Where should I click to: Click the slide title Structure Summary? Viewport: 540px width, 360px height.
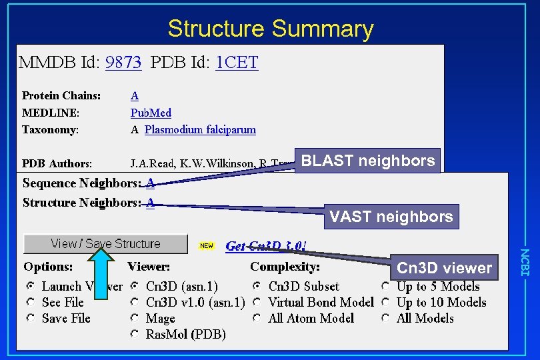click(270, 29)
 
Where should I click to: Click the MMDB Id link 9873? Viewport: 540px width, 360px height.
click(123, 63)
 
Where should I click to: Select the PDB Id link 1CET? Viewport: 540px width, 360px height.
click(237, 63)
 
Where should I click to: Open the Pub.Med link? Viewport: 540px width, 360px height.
click(151, 113)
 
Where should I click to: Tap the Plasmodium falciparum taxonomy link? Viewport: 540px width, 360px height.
click(200, 130)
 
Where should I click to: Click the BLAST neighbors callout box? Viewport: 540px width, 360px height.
click(368, 161)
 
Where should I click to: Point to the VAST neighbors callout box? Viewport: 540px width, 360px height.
click(391, 216)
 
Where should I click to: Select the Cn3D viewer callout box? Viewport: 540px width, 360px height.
click(444, 268)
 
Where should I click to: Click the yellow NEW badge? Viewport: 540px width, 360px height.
click(207, 245)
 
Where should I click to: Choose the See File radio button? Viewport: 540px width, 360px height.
click(31, 303)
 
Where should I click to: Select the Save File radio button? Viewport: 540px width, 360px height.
click(31, 319)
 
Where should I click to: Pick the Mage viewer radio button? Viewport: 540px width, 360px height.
click(135, 319)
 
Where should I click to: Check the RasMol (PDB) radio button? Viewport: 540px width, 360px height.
click(135, 334)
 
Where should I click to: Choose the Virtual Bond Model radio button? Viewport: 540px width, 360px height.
click(257, 303)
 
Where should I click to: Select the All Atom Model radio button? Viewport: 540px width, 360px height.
click(257, 319)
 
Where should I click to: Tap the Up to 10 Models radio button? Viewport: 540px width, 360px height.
click(386, 303)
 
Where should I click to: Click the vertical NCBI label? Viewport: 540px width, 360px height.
click(524, 262)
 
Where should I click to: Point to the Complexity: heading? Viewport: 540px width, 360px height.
click(285, 267)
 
